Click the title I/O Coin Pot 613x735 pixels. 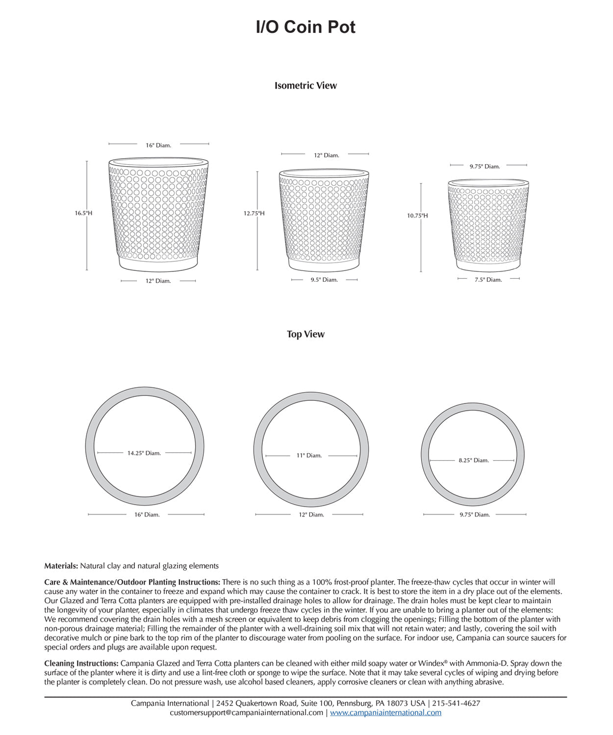[306, 27]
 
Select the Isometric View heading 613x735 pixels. [306, 86]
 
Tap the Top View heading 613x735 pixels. [306, 334]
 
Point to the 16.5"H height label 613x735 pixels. [83, 213]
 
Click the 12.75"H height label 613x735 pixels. [254, 213]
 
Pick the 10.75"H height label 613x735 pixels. [417, 216]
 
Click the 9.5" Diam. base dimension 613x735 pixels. [324, 280]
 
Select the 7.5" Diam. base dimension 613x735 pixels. [488, 280]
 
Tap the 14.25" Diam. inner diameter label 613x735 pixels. [144, 453]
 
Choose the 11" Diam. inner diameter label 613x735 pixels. [309, 456]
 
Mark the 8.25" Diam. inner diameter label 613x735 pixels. [474, 461]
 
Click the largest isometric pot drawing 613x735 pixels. [158, 214]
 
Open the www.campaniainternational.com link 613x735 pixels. [385, 713]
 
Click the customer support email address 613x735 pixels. [246, 713]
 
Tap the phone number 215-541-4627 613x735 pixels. [456, 704]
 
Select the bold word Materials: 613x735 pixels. [61, 566]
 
